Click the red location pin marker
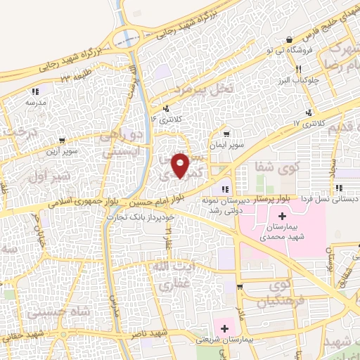tap(181, 165)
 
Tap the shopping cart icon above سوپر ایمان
tap(225, 134)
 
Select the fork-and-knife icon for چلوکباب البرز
tap(298, 69)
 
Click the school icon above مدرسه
tap(34, 91)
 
